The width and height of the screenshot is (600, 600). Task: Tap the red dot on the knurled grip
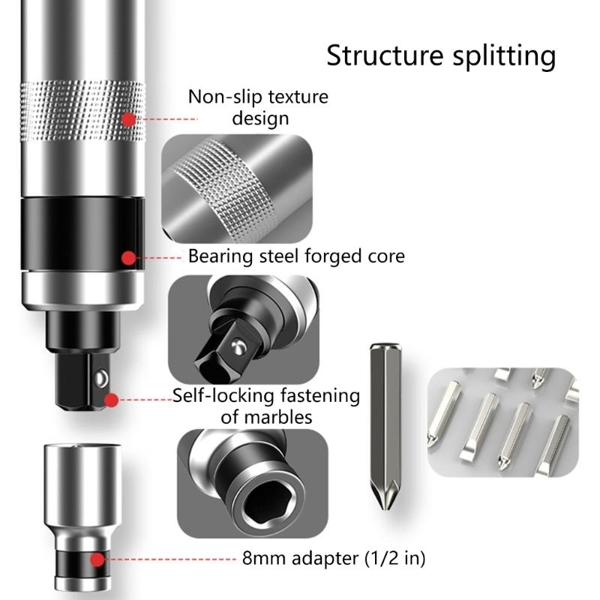pos(129,118)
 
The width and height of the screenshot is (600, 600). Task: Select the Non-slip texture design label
pos(257,107)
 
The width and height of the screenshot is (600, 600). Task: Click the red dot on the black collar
pos(129,257)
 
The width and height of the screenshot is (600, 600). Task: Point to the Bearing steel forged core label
pos(295,256)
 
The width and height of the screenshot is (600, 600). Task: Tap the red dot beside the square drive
pos(112,399)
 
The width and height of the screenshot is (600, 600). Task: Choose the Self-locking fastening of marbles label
pos(266,405)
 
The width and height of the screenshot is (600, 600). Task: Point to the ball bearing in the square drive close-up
pos(237,346)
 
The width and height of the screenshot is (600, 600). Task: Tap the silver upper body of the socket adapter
pos(77,480)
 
